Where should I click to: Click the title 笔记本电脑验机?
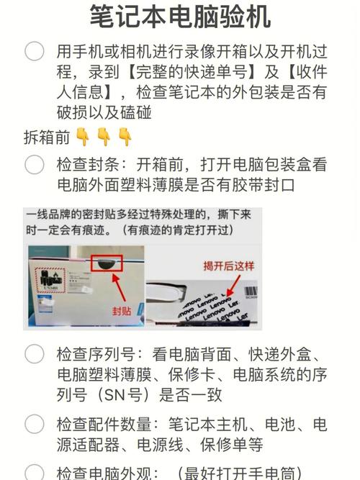tap(180, 16)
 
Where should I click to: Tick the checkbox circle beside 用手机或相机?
tap(35, 51)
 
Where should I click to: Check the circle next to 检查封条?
tap(35, 165)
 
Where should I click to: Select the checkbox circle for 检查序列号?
tap(35, 353)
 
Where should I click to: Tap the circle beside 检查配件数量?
tap(35, 424)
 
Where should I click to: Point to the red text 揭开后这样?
tap(228, 266)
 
